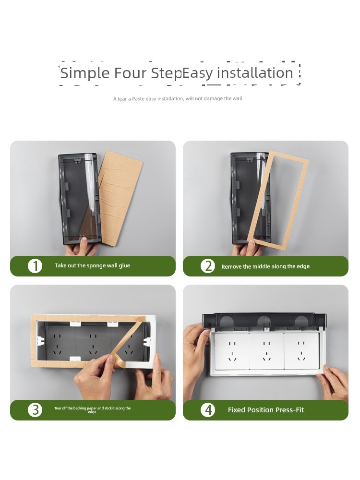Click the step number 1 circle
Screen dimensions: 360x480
(35, 266)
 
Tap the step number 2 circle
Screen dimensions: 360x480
(208, 266)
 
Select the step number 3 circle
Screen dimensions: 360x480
(35, 410)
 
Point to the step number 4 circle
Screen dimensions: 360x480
(208, 410)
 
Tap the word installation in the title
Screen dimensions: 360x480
(255, 73)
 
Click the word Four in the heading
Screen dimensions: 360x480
(130, 73)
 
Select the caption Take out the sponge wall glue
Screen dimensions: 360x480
(93, 265)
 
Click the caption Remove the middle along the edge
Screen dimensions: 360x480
(265, 266)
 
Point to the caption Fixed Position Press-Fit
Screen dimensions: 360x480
(266, 410)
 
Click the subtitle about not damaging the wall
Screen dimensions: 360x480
(178, 98)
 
